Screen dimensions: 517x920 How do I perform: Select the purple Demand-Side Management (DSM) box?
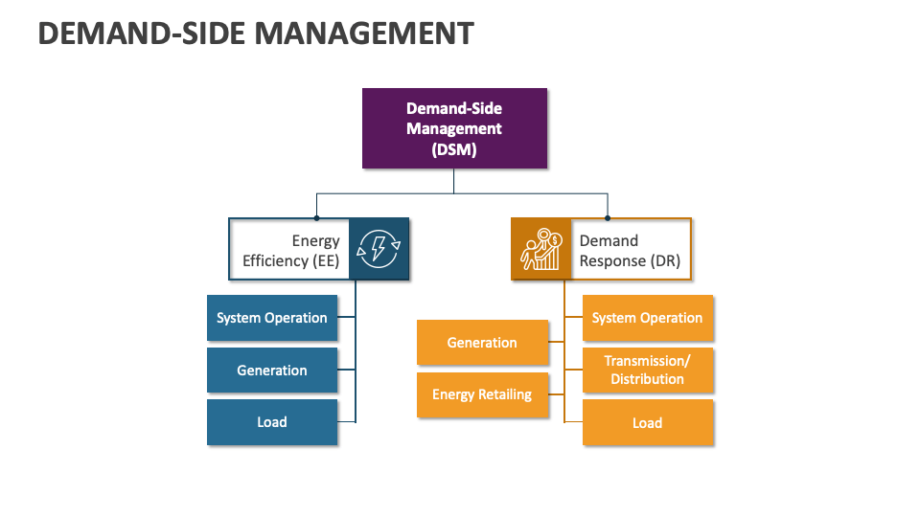(x=454, y=128)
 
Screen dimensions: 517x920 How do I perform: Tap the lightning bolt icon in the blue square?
(x=379, y=249)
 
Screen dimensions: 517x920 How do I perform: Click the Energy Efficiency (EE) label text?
(x=291, y=250)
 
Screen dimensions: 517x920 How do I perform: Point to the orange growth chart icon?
(x=540, y=249)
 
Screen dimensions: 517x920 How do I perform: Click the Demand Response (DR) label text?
(x=630, y=250)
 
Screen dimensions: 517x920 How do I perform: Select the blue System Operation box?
(x=272, y=318)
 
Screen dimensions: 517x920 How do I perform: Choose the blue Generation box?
(x=272, y=371)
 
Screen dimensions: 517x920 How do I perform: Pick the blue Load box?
(x=272, y=422)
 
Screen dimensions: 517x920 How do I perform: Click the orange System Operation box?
(x=648, y=318)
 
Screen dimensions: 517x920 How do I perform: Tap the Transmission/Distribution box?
(x=648, y=370)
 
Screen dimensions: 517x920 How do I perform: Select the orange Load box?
(x=648, y=423)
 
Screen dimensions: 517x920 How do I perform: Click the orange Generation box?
(x=482, y=343)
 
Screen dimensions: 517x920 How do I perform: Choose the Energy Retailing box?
(x=482, y=394)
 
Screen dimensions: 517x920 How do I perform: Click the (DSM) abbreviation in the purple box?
(x=454, y=149)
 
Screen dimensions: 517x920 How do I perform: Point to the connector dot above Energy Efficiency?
(x=317, y=217)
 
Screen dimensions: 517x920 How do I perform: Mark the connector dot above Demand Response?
(x=608, y=217)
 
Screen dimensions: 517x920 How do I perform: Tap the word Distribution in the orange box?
(x=648, y=379)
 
